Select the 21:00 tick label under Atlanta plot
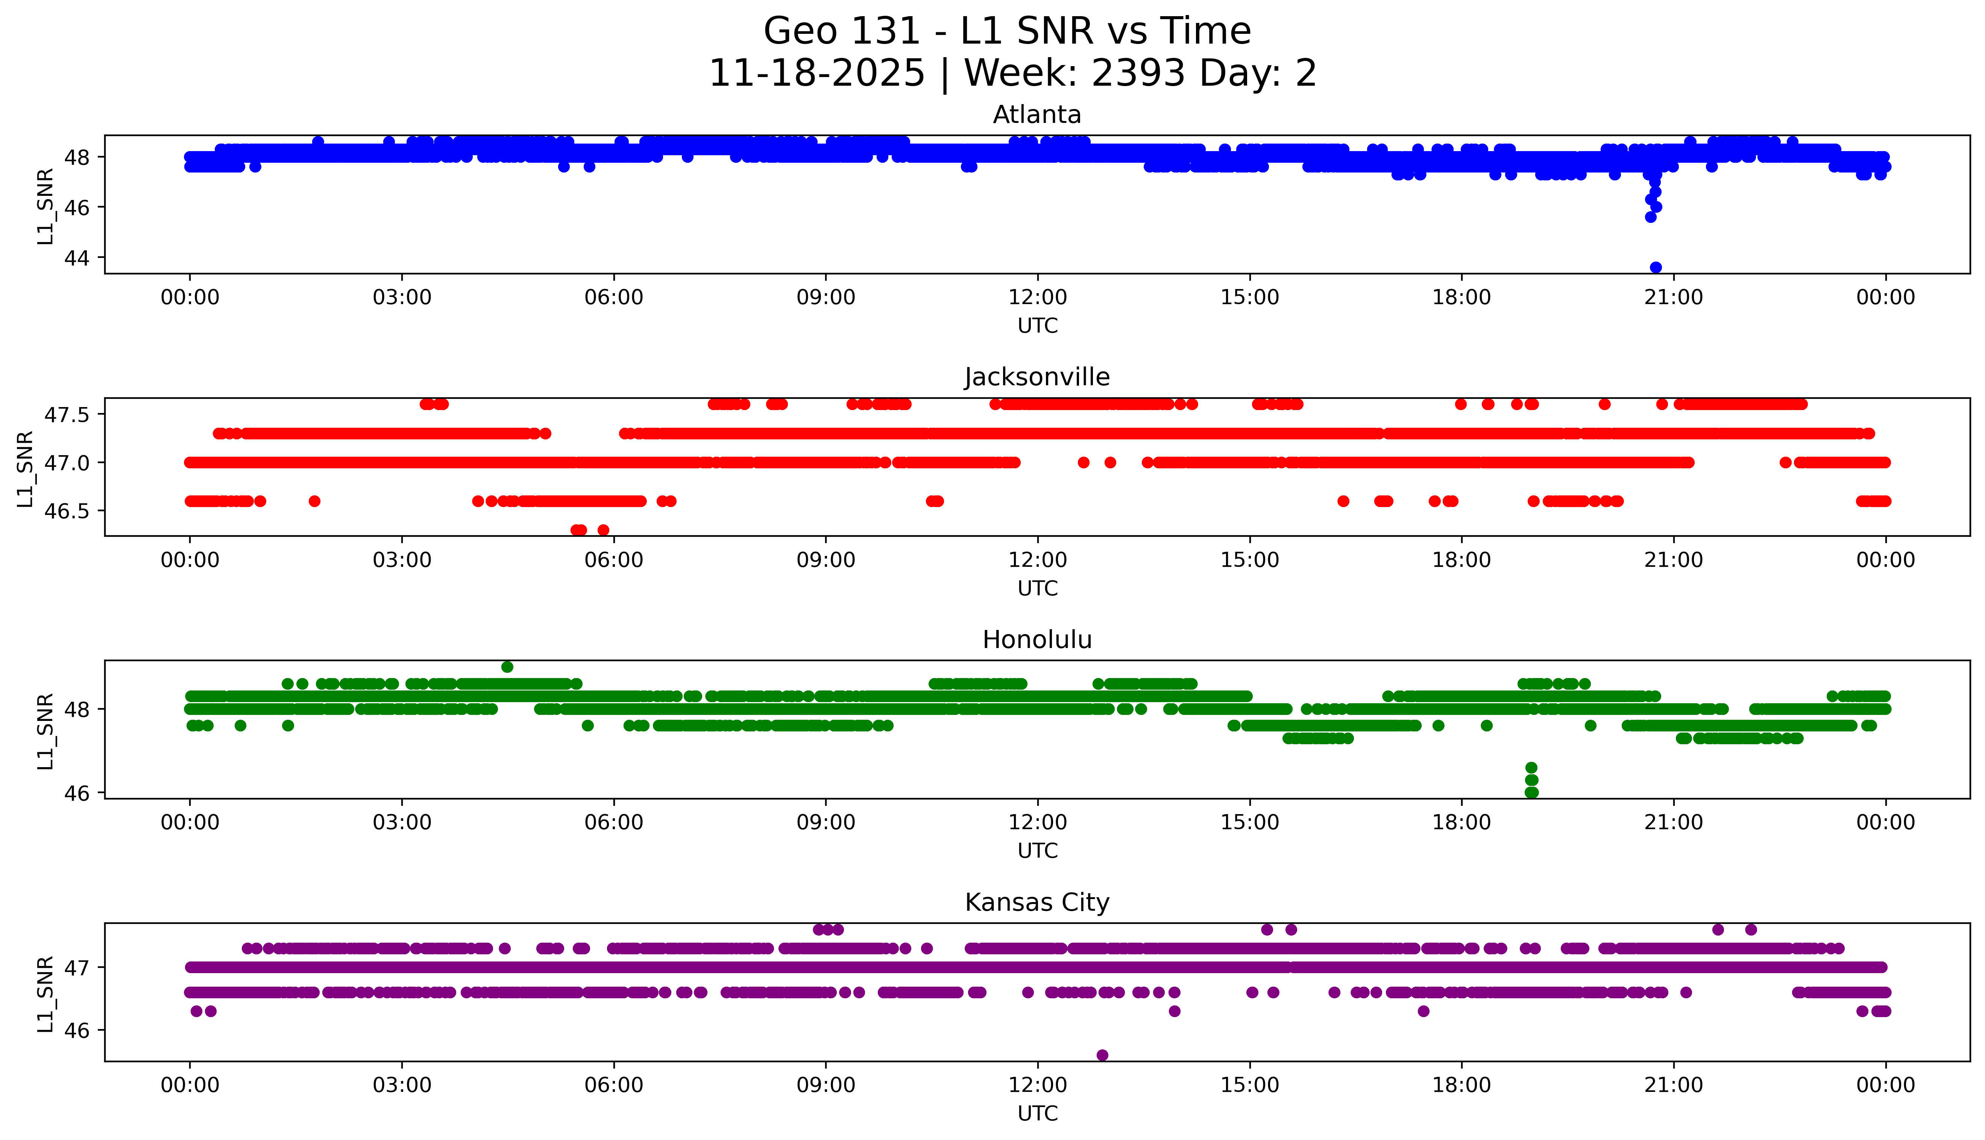click(x=1673, y=298)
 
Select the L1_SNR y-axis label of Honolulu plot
click(x=46, y=731)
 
